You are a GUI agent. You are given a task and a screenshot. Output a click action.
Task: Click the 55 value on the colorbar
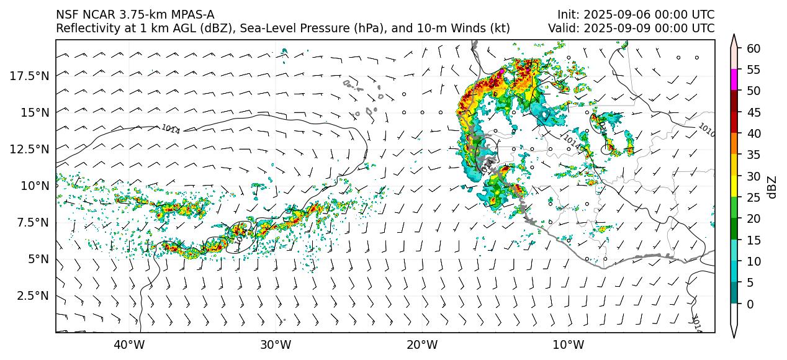[753, 70]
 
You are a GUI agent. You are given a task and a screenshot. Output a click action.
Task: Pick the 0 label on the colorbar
[750, 304]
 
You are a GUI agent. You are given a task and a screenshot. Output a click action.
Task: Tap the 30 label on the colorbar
[753, 176]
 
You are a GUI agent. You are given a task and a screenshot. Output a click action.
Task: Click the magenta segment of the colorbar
[734, 80]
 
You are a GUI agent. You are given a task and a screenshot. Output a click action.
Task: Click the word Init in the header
[565, 14]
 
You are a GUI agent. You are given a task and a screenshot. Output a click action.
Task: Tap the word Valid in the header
[562, 28]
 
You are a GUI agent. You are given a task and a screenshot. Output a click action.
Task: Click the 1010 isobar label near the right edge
[706, 129]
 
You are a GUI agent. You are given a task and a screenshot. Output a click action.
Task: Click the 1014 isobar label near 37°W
[170, 129]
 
